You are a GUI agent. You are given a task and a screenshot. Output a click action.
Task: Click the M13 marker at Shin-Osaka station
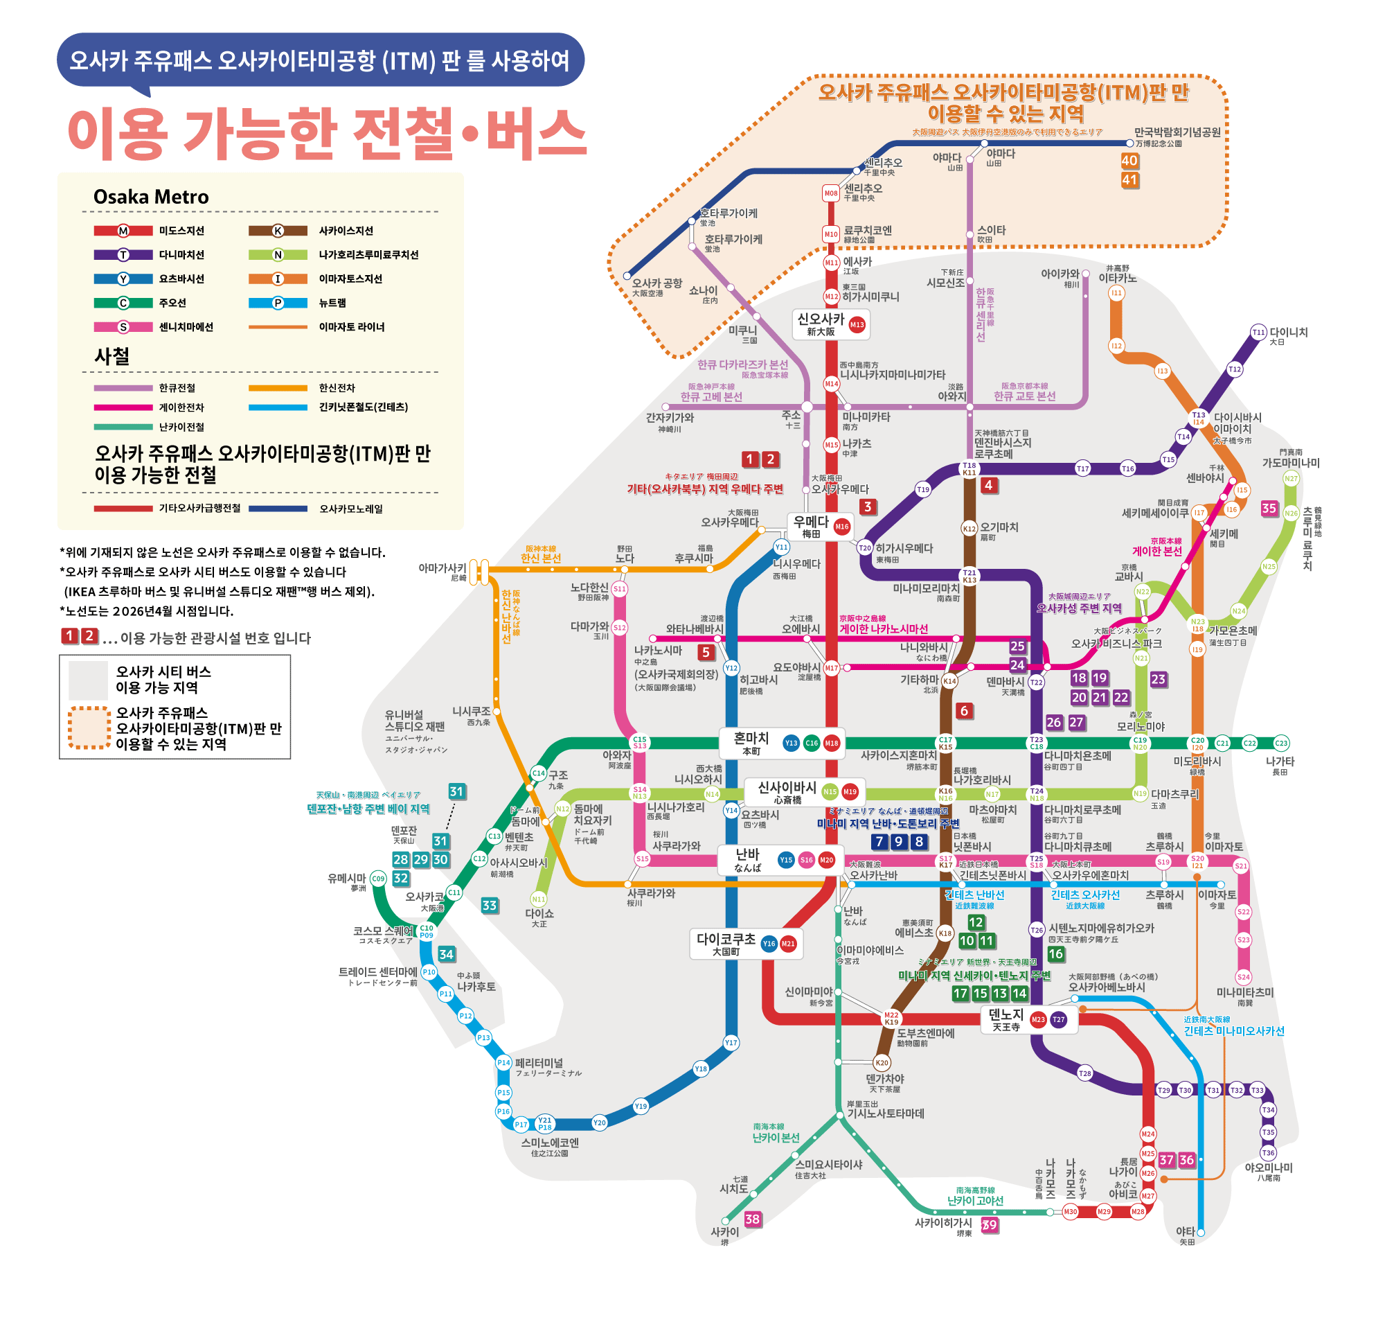pos(857,324)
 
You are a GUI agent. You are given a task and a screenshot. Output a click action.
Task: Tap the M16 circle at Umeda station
pos(841,526)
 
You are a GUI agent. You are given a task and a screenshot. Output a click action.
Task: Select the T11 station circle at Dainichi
pos(1258,333)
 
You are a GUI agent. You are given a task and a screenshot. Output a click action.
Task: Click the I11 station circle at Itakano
pos(1116,292)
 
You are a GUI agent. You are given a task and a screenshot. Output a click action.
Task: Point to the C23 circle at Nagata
pos(1281,743)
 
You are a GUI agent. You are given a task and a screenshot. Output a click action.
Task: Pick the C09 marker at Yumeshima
pos(379,879)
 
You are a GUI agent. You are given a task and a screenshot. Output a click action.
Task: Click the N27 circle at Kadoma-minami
pos(1291,479)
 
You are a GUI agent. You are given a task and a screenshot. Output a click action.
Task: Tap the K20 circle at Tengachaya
pos(882,1062)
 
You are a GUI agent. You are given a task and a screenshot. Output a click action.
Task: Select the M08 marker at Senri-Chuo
pos(831,193)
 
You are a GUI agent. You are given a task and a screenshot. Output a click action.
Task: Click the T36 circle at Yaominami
pos(1269,1152)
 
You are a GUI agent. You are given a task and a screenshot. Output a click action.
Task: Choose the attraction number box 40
pos(1129,161)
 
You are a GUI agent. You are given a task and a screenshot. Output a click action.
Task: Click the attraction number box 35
pos(1269,508)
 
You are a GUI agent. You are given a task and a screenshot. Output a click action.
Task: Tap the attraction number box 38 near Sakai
pos(753,1219)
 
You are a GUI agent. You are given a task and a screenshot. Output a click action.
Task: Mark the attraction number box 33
pos(489,905)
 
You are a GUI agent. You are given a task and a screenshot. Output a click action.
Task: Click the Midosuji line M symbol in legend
pos(123,231)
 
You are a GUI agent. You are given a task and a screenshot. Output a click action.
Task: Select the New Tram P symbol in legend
pos(278,303)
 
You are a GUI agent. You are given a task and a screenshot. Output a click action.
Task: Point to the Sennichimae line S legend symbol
pos(123,326)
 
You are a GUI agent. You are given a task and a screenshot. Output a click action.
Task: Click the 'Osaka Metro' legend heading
pos(151,197)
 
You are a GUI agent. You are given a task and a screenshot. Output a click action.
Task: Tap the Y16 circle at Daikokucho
pos(769,944)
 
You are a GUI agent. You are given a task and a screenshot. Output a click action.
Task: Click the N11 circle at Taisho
pos(539,899)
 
